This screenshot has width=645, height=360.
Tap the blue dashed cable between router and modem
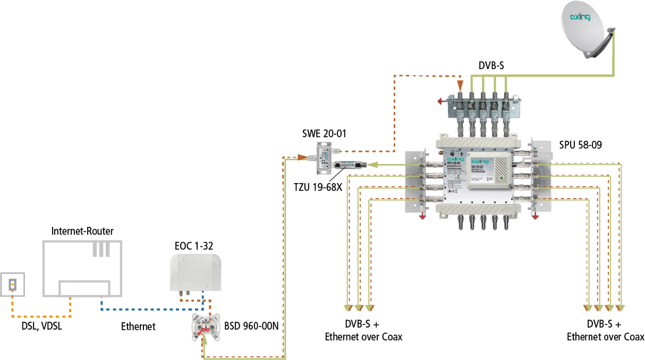point(149,308)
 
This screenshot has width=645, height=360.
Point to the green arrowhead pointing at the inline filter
point(372,165)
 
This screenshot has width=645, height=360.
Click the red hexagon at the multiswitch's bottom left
point(423,216)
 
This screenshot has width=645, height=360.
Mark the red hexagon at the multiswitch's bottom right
point(535,216)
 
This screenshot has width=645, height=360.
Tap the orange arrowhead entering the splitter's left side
point(301,157)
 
